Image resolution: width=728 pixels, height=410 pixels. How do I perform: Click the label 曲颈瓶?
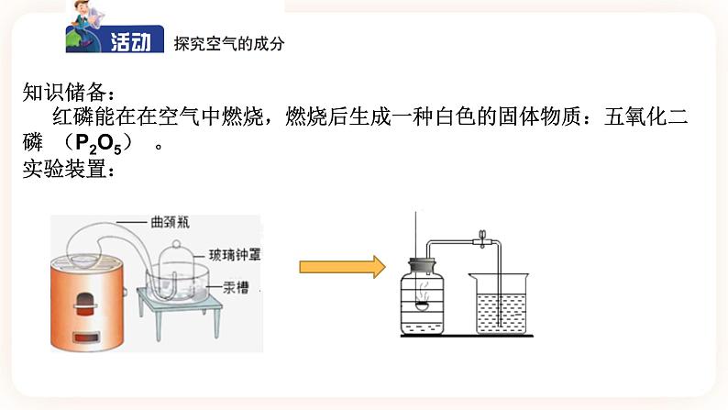click(x=171, y=221)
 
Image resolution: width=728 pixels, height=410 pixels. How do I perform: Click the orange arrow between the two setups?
click(x=341, y=268)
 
